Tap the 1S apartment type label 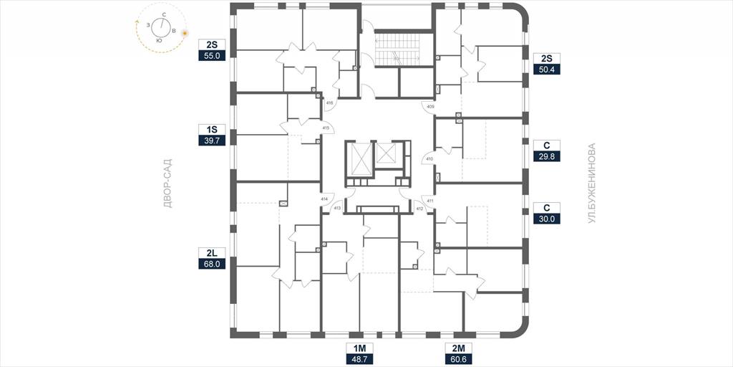(212, 129)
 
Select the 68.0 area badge (212, 264)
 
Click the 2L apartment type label (212, 253)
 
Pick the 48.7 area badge (359, 360)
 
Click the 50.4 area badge (546, 70)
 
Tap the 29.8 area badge (546, 156)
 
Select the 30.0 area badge (546, 218)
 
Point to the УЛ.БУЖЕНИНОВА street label (592, 183)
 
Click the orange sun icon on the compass (185, 33)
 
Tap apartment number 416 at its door (329, 103)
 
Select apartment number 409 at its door (431, 107)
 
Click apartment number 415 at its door (326, 128)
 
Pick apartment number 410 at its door (430, 159)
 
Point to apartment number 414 (324, 199)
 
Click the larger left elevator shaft (359, 159)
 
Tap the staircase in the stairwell (397, 49)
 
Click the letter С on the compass (164, 15)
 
